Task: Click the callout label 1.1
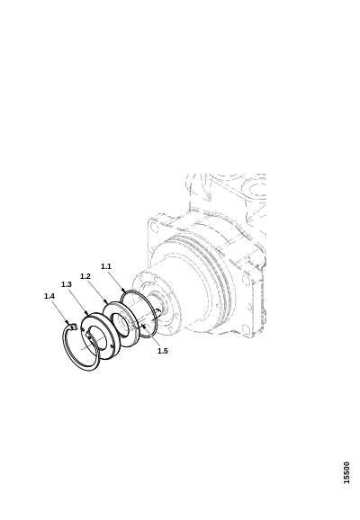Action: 106,266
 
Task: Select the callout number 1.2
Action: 85,276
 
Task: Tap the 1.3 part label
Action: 67,284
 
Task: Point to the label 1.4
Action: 49,296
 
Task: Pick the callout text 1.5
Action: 163,351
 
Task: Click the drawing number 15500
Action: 346,472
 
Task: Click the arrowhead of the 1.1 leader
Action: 125,291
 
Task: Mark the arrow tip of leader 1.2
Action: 107,303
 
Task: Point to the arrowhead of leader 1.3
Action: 87,314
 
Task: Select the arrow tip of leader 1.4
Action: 70,325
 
